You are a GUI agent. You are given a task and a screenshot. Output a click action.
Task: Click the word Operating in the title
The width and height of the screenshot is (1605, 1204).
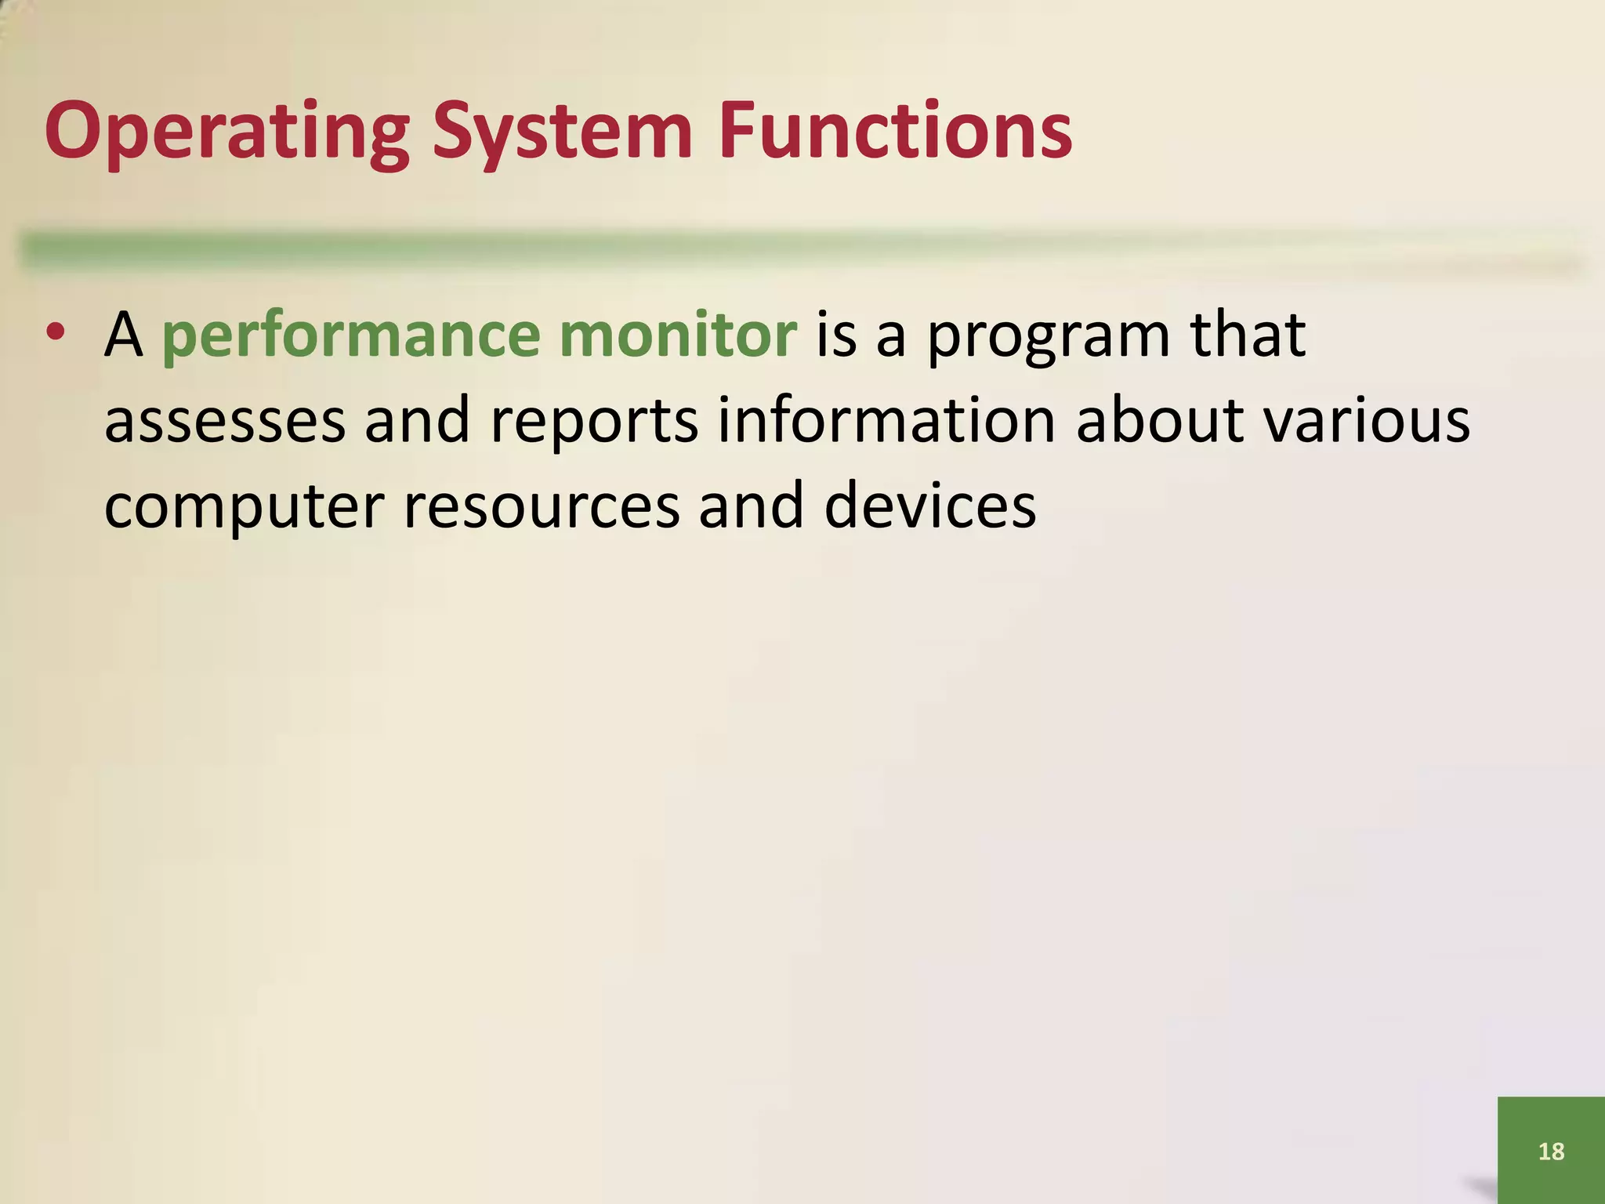point(227,132)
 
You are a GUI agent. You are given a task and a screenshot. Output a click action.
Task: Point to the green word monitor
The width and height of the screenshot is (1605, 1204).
point(679,335)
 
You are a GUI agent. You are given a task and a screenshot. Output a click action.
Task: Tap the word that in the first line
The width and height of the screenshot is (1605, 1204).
point(1248,335)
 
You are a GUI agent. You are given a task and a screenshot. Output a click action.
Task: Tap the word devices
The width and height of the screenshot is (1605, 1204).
point(930,506)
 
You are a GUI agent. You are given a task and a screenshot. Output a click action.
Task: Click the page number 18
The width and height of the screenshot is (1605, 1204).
point(1551,1151)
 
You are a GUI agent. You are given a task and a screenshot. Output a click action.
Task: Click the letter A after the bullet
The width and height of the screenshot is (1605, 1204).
point(124,335)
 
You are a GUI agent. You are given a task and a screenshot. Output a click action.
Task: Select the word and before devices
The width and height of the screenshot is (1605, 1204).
point(751,506)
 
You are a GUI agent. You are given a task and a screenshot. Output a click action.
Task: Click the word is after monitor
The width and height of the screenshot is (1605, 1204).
point(835,335)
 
